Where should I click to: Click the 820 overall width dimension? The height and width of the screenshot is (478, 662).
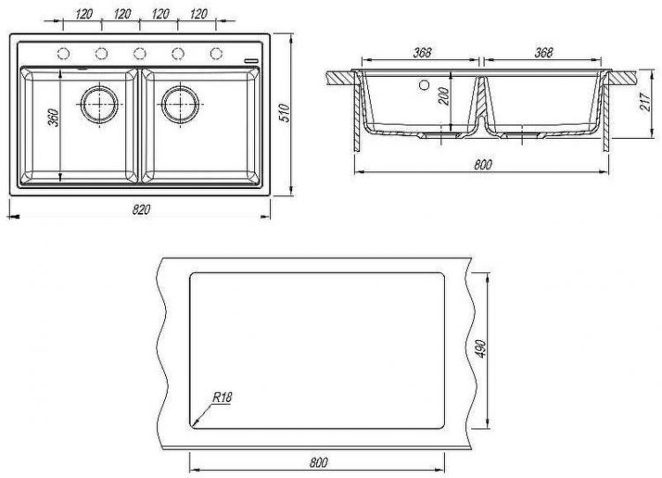(x=141, y=209)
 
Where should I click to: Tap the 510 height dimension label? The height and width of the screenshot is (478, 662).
(x=285, y=112)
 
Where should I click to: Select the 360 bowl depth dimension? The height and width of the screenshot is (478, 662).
(x=54, y=118)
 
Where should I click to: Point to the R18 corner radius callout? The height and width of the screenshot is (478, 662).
(x=222, y=398)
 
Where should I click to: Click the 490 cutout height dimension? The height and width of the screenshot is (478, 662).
(x=482, y=349)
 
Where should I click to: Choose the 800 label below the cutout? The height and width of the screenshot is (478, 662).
(x=319, y=462)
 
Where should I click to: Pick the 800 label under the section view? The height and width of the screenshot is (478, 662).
(x=483, y=164)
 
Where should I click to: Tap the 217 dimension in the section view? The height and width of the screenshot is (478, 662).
(x=645, y=102)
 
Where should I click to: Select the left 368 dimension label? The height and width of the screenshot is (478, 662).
(x=422, y=52)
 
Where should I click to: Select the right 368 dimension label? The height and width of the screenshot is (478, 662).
(x=544, y=52)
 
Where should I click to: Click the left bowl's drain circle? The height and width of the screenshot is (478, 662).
(x=100, y=104)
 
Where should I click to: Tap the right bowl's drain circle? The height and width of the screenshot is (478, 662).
(x=180, y=104)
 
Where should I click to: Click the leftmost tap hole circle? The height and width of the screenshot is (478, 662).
(x=63, y=54)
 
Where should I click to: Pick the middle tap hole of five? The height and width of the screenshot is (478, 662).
(x=139, y=54)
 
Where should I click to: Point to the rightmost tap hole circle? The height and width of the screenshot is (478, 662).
(x=216, y=54)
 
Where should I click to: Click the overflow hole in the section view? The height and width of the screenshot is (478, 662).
(x=425, y=85)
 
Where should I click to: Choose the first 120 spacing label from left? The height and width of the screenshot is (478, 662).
(x=84, y=14)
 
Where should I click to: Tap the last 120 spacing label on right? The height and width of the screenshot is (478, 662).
(x=199, y=14)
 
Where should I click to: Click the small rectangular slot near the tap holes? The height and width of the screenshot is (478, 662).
(x=252, y=60)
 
